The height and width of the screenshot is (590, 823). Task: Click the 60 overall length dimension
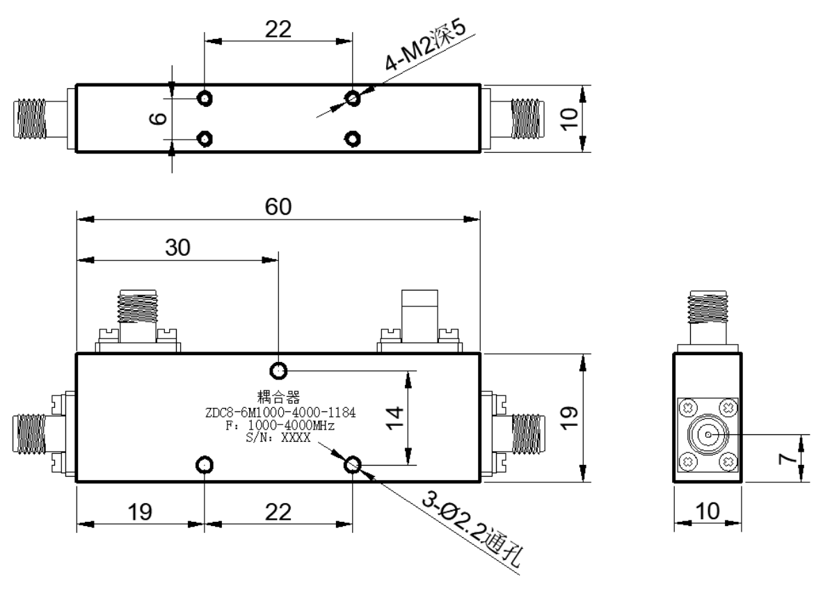pos(278,206)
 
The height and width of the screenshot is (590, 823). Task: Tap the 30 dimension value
pos(177,247)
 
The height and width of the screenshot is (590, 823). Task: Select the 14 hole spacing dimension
pos(394,418)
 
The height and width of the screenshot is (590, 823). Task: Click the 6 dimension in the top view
pos(159,119)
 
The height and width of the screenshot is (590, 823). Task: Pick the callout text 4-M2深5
pos(425,46)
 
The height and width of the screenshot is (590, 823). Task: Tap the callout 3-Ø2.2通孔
pos(472,530)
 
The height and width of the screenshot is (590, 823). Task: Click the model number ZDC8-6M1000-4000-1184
pos(280,413)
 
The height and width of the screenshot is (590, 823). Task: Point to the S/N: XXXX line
pos(278,437)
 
